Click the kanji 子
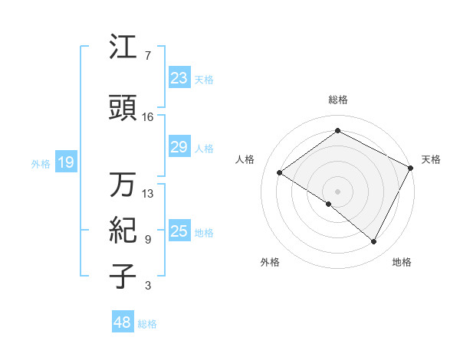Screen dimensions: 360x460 [123, 277]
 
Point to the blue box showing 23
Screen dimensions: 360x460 [179, 78]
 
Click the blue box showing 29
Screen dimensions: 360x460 [179, 147]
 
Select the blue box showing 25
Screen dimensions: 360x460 [179, 231]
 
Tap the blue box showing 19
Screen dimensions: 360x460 [65, 162]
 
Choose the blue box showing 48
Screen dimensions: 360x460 [123, 322]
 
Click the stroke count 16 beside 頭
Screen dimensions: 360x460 [148, 117]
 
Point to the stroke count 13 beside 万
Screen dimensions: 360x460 [148, 193]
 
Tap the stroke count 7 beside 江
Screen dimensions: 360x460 [147, 56]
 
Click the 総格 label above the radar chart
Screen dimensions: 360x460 [337, 100]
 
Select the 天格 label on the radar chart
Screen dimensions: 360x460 [431, 159]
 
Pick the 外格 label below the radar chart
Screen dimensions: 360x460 [270, 262]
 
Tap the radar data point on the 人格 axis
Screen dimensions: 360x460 [280, 172]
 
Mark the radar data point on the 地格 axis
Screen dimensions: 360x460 [374, 242]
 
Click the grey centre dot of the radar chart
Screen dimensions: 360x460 [337, 190]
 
